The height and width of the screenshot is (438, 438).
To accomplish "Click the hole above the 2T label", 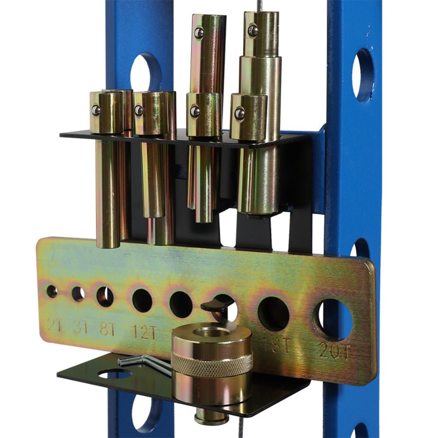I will click(52, 291).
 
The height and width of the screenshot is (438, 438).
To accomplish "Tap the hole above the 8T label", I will click(105, 297).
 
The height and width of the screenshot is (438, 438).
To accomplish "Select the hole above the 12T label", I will click(142, 300).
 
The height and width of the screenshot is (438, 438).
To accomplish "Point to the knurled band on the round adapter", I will click(212, 363).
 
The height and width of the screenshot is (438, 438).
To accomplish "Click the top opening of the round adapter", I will click(211, 334).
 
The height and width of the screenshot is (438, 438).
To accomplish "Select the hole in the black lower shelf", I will click(115, 374).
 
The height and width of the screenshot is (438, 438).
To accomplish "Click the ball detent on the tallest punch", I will click(253, 31).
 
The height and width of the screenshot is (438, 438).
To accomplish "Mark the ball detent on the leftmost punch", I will click(96, 110).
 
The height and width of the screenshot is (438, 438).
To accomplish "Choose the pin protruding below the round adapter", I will click(211, 416).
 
